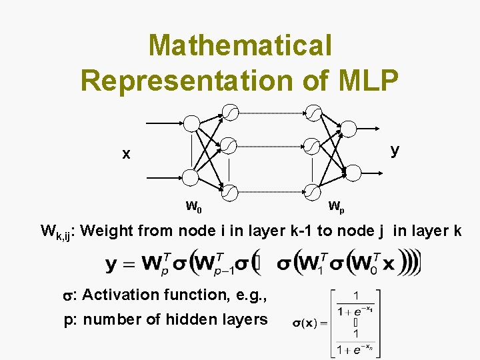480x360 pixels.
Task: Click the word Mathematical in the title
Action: pos(240,45)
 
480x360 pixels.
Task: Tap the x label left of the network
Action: pos(126,154)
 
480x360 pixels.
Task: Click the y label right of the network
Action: pos(395,149)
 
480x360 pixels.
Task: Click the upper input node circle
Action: pos(191,123)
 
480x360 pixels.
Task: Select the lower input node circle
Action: pos(191,177)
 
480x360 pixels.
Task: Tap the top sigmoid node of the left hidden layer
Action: pos(229,112)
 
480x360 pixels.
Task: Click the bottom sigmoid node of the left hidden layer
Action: pos(229,193)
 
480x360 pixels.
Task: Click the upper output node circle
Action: pos(349,128)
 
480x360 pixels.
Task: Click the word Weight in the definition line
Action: pos(110,231)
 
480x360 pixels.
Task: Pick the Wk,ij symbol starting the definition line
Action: pos(59,233)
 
